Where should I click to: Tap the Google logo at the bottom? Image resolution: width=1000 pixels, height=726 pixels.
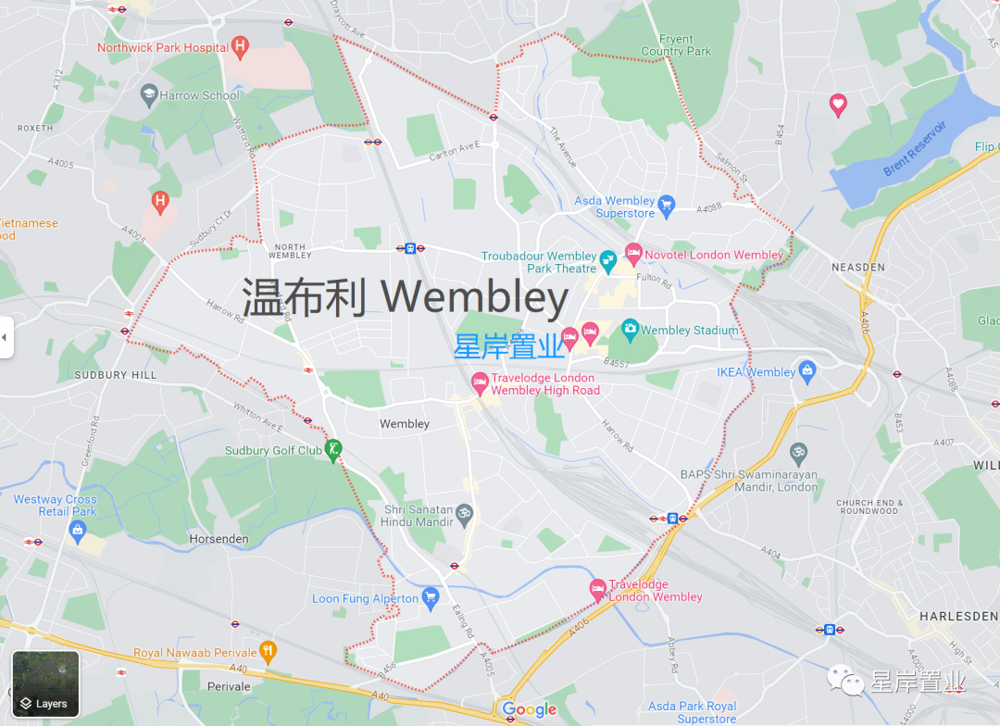point(530,710)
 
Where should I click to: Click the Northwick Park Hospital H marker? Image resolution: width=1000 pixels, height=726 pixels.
point(241,44)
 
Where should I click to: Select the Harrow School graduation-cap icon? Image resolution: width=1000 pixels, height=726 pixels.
point(148,94)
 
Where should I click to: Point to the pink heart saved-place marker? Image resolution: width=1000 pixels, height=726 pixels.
point(838,105)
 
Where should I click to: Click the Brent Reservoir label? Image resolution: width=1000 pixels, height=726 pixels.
point(914,148)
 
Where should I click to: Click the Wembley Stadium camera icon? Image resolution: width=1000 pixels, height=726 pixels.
point(630,328)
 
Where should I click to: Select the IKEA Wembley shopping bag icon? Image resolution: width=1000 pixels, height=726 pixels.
point(807,370)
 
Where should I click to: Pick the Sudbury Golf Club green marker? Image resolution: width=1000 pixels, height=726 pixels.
point(334,449)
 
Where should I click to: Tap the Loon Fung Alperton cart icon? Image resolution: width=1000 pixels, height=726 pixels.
point(430,597)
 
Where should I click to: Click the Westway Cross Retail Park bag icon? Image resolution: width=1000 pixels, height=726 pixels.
point(77,529)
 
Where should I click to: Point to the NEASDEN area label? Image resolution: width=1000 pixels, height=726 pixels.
point(858,267)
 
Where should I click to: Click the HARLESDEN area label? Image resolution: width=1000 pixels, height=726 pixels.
point(958,616)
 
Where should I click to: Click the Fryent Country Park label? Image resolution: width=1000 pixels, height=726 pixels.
point(677,45)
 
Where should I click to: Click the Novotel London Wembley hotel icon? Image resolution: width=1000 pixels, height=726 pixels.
point(633,252)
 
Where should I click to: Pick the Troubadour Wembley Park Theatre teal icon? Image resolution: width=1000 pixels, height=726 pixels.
point(608,261)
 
